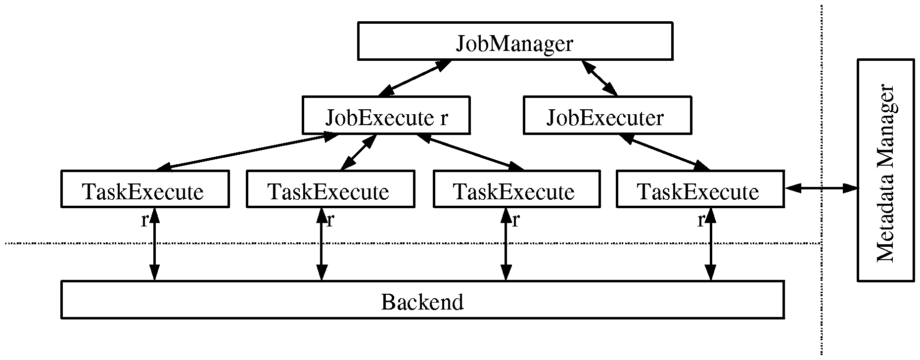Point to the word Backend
click(x=422, y=301)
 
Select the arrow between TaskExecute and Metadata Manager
click(x=821, y=188)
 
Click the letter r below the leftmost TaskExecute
click(x=144, y=220)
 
